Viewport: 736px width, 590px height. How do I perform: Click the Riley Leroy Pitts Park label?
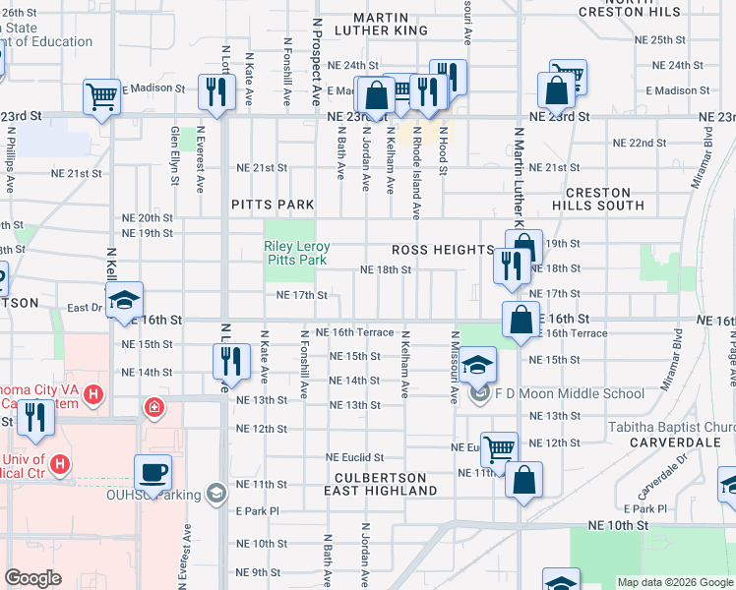296,254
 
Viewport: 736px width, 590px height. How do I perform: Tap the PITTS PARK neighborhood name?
273,205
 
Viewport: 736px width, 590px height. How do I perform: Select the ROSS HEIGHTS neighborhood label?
442,251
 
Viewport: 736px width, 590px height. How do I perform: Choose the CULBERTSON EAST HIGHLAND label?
380,483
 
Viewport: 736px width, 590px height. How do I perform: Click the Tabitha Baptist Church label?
671,427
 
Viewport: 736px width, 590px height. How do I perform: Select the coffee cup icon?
153,472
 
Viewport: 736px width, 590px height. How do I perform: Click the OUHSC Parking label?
153,494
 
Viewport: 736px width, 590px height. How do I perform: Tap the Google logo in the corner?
32,578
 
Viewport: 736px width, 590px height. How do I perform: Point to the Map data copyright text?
675,582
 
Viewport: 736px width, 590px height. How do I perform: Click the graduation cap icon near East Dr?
125,300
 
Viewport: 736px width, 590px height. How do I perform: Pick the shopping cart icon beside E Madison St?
101,95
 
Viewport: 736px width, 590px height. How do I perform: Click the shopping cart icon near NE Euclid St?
499,449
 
